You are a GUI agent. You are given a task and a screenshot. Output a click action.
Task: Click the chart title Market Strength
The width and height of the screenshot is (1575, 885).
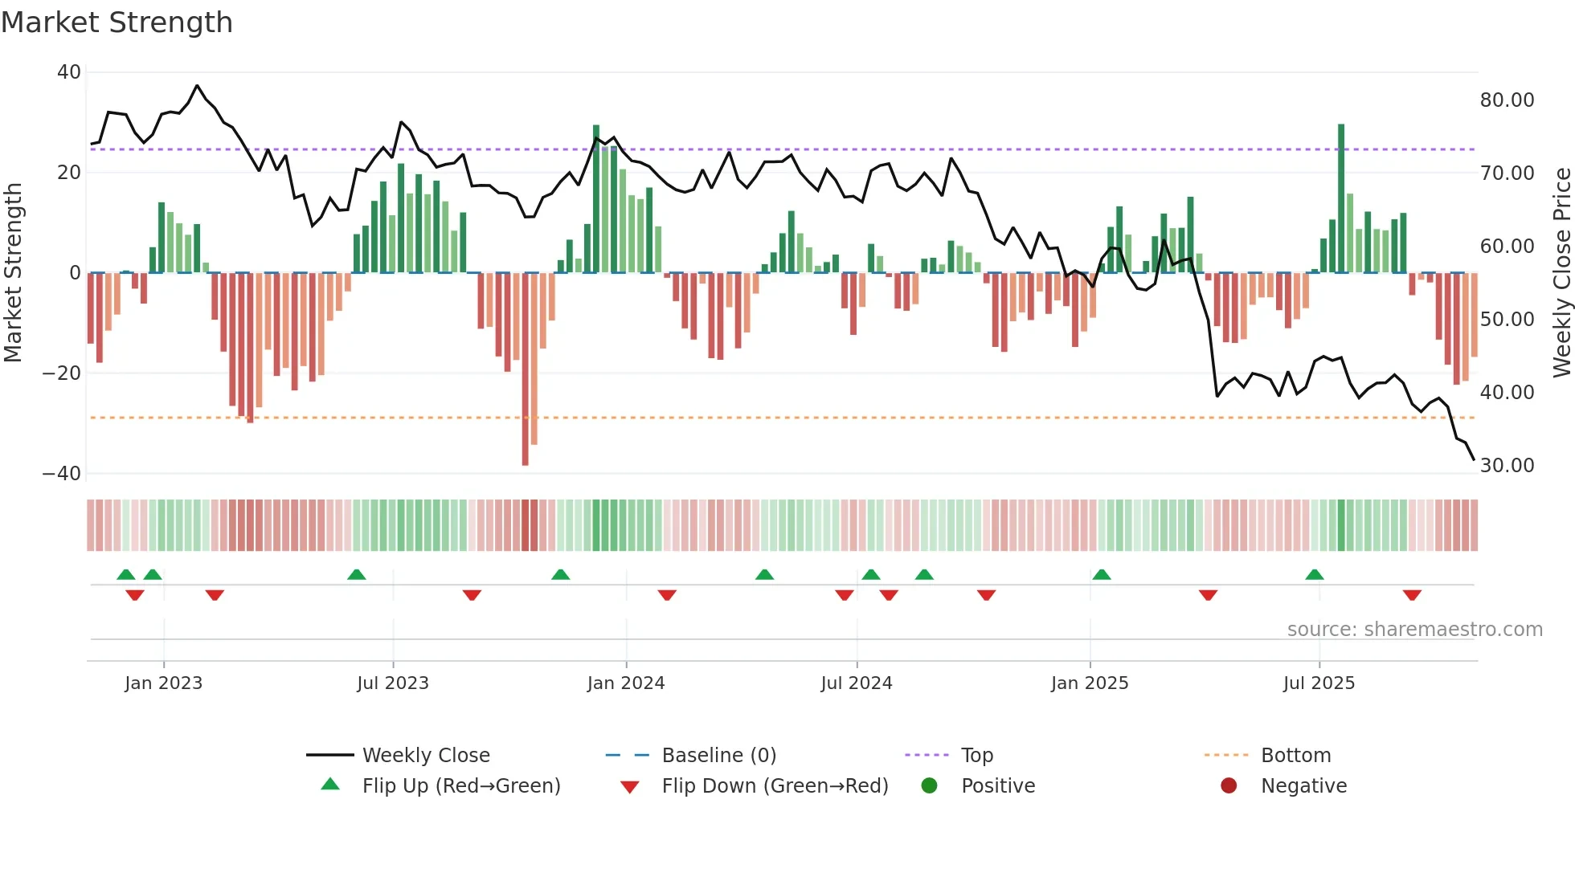[x=117, y=22]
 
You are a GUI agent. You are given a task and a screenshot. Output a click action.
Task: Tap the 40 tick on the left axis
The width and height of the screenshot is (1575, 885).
[x=69, y=72]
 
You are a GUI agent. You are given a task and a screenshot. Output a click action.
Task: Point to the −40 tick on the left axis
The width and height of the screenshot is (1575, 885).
[x=63, y=474]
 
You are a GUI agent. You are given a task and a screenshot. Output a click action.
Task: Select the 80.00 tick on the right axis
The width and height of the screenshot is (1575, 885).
[x=1507, y=100]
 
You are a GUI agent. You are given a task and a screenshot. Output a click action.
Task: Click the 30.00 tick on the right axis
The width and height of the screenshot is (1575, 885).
[x=1507, y=466]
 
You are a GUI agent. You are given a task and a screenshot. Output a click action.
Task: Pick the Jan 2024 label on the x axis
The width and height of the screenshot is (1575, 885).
[x=626, y=683]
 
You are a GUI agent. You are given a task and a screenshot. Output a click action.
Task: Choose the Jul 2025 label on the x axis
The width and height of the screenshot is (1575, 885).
[x=1319, y=683]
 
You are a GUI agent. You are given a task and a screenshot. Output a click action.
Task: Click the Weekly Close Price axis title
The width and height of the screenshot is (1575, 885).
[x=1561, y=273]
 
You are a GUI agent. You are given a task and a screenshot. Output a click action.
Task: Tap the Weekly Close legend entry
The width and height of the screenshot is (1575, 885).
[x=425, y=756]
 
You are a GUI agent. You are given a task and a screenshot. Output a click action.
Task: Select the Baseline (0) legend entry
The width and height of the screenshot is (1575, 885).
[x=718, y=756]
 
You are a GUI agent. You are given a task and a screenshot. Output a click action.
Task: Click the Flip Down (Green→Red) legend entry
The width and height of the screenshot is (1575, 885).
[x=774, y=786]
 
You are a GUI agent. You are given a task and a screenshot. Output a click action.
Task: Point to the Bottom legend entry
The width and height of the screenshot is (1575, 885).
[x=1295, y=756]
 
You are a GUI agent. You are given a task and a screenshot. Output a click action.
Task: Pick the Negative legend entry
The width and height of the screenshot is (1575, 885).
[x=1303, y=786]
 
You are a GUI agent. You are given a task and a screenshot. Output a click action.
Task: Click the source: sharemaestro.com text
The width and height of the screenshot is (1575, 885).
[x=1414, y=630]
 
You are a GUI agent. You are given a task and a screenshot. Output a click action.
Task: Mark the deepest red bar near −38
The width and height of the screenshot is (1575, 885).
[x=526, y=369]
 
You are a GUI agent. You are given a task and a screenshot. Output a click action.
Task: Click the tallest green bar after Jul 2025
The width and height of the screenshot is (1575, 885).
[x=1341, y=198]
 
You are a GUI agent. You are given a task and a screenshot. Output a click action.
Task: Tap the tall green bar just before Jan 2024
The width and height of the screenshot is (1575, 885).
[x=596, y=198]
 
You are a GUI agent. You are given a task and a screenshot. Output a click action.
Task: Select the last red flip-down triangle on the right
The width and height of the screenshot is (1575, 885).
[x=1412, y=595]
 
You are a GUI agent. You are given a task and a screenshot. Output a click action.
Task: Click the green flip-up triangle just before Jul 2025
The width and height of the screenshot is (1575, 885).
[x=1315, y=574]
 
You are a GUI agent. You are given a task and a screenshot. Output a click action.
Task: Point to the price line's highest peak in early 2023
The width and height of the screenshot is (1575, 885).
[x=197, y=85]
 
